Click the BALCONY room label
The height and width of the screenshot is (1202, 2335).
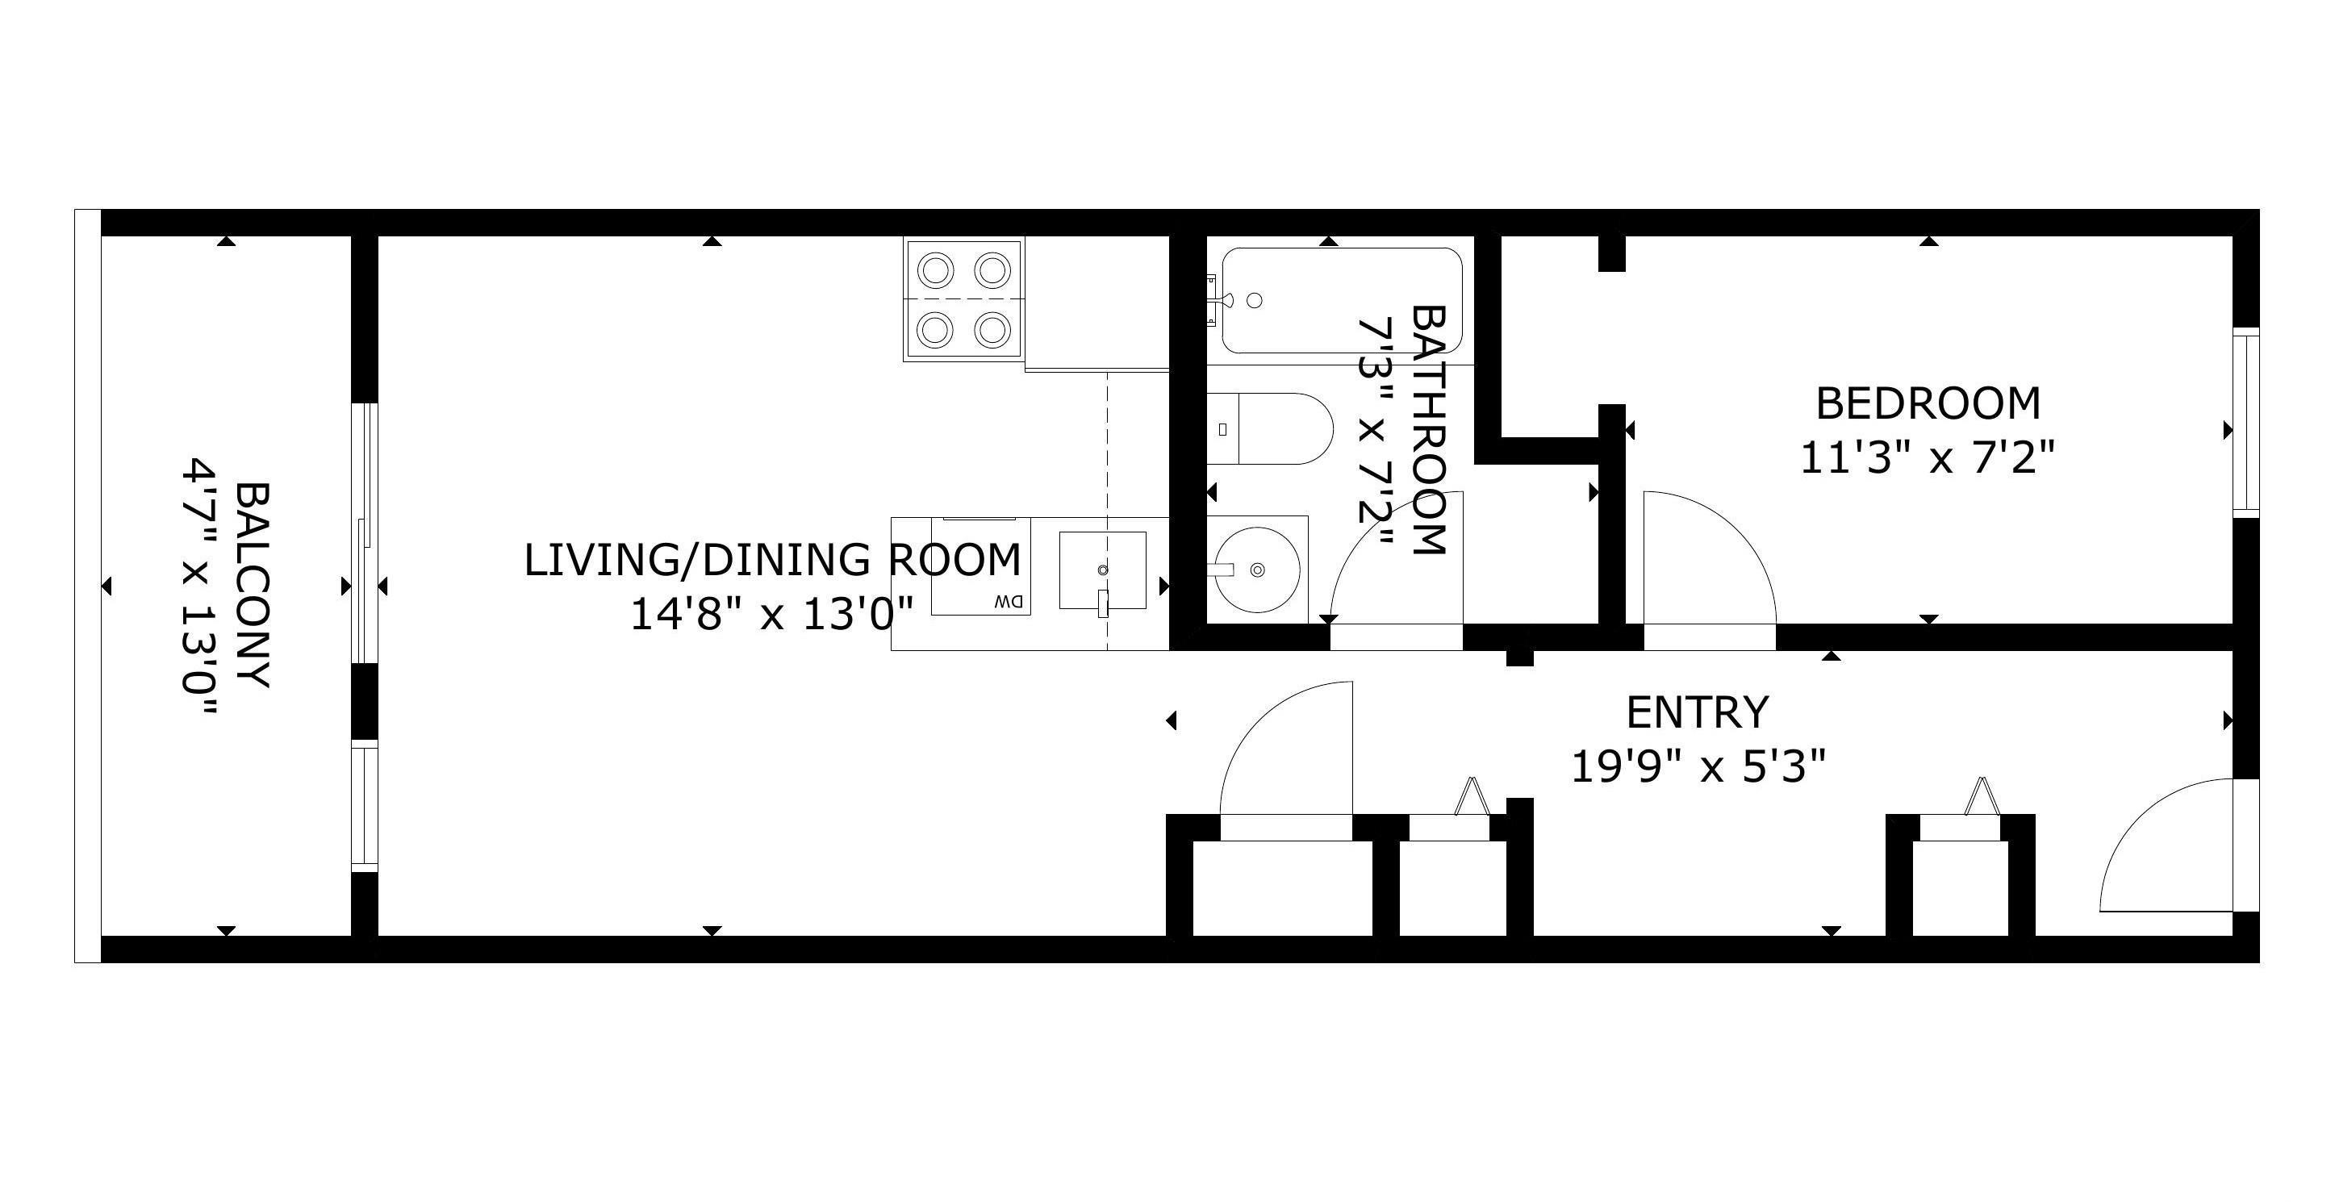coord(253,586)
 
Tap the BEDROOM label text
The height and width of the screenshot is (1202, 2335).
coord(1928,404)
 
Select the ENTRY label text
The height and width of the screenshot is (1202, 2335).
coord(1697,712)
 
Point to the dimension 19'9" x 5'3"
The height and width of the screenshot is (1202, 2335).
coord(1697,767)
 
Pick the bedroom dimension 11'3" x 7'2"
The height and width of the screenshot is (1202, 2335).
coord(1926,457)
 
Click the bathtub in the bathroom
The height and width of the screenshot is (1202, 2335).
coord(1342,300)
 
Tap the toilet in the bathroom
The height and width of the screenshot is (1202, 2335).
coord(1270,429)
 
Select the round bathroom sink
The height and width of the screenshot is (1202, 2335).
coord(1257,570)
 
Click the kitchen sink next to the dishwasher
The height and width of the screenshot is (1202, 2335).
coord(1103,571)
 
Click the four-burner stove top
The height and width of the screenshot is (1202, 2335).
coord(963,299)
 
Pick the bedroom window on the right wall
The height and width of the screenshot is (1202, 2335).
coord(2245,422)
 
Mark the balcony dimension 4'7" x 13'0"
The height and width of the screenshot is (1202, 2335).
coord(199,589)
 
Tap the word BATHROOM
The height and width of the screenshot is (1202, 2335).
coord(1427,430)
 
